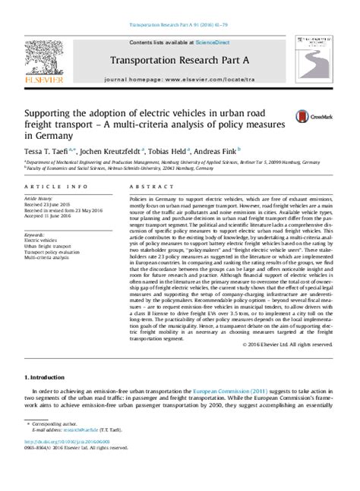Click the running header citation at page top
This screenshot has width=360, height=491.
(179, 5)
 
